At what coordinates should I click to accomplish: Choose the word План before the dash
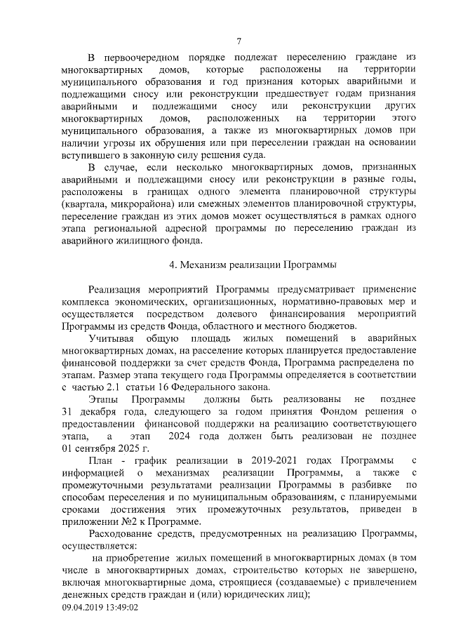(100, 460)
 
